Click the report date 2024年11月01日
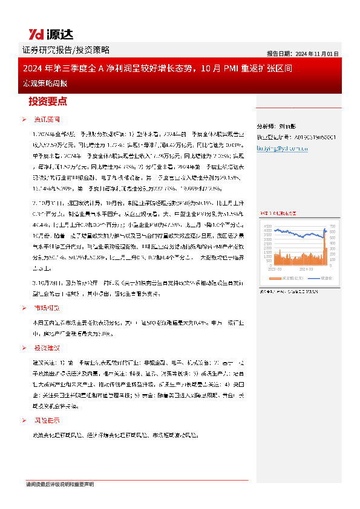pos(303,53)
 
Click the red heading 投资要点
pos(48,101)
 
